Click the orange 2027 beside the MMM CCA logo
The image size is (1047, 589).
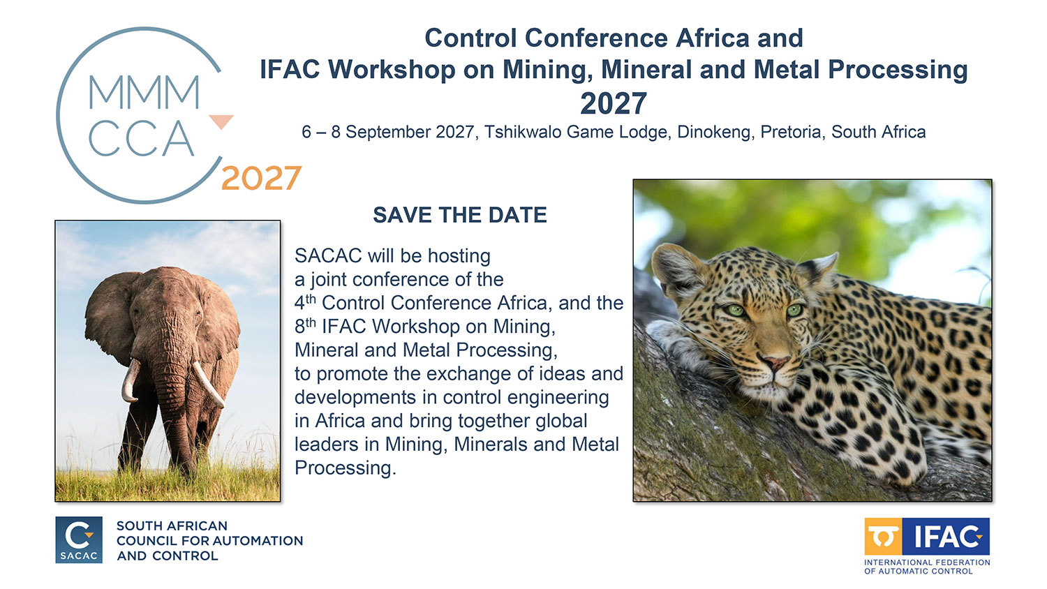(x=261, y=178)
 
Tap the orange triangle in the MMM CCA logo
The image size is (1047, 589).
(x=221, y=121)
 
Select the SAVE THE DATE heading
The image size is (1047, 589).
(x=460, y=215)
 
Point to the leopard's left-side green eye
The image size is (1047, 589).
(x=736, y=309)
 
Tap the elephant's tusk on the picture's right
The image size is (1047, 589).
(x=208, y=383)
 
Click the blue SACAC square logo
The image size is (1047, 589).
(x=79, y=540)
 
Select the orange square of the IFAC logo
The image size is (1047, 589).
(x=883, y=537)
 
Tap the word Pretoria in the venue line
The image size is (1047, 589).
(x=791, y=133)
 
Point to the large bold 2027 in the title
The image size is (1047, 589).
(x=614, y=103)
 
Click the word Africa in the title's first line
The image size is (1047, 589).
(x=713, y=38)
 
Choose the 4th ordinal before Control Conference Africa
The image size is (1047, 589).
(x=305, y=302)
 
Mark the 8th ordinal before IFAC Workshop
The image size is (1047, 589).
(x=305, y=325)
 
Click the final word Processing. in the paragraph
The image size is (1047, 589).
(x=346, y=468)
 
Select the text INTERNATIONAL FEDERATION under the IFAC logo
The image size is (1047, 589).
(x=927, y=562)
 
